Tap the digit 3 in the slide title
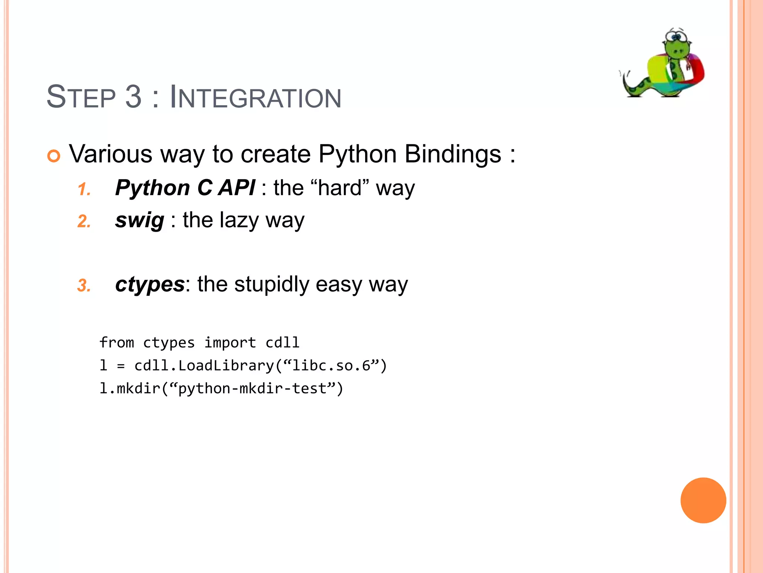(x=133, y=97)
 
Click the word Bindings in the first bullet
(x=453, y=154)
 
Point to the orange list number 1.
(x=84, y=190)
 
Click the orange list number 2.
(x=84, y=222)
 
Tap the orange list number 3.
(x=84, y=286)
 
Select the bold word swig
(x=139, y=220)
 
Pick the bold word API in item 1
(x=237, y=188)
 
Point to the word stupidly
(x=272, y=284)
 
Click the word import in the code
(x=230, y=342)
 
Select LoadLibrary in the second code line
(x=226, y=366)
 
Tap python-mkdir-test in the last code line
(x=253, y=389)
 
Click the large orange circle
(x=703, y=500)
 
